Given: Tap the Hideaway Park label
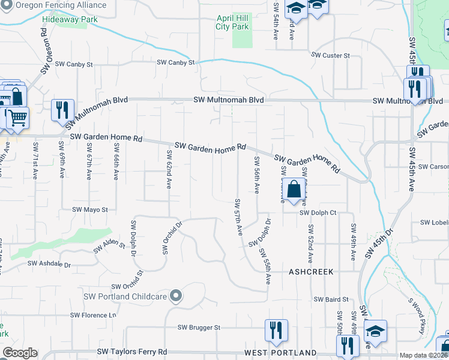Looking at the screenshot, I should [70, 19].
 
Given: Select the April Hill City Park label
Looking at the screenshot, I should [232, 23].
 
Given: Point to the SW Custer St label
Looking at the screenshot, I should [330, 55].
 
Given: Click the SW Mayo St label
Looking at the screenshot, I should [89, 210].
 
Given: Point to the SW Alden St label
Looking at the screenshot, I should [109, 247].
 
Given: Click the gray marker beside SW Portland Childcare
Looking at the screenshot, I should [175, 295].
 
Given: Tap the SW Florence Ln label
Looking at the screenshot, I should [91, 315].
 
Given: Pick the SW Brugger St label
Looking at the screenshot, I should [199, 328].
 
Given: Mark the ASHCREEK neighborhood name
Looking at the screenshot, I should [310, 271].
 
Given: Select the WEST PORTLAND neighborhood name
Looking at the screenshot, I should [280, 352].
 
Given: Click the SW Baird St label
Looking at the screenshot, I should [331, 299].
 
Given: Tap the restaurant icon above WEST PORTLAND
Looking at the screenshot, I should [276, 330].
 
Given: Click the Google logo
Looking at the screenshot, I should [20, 353].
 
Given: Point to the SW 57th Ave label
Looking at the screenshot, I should [238, 216].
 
